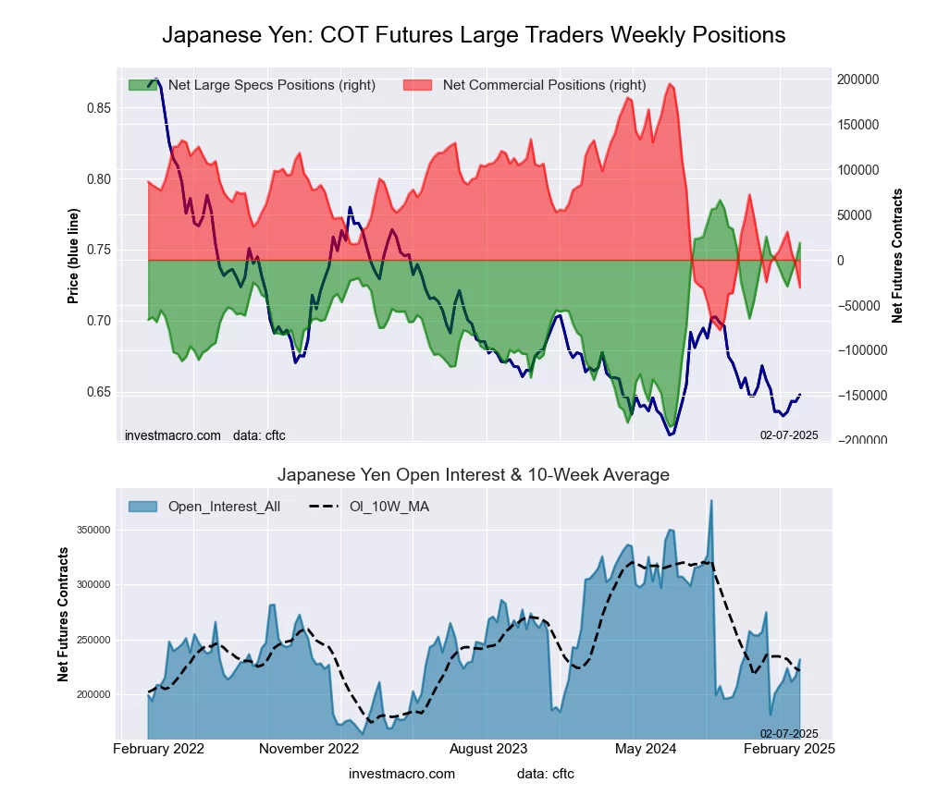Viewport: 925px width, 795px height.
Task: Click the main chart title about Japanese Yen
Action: coord(474,35)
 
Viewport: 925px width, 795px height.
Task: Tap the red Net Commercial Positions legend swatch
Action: coord(418,85)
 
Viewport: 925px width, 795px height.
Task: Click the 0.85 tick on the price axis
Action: coord(98,108)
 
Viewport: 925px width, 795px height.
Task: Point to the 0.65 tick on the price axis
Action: coord(98,392)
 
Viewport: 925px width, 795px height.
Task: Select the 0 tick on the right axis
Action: coord(842,261)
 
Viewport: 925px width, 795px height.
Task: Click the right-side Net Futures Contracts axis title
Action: coord(897,255)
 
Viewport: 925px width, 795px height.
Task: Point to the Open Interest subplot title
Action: coord(474,475)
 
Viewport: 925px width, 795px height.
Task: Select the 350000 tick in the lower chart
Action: coord(91,530)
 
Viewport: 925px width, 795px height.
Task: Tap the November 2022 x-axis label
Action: coord(308,748)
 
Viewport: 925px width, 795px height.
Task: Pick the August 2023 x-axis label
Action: coord(488,748)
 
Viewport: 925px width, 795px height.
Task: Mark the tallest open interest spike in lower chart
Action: coord(711,501)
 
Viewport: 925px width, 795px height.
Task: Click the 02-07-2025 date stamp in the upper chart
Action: coord(789,434)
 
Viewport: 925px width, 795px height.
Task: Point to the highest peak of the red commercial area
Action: coord(670,84)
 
